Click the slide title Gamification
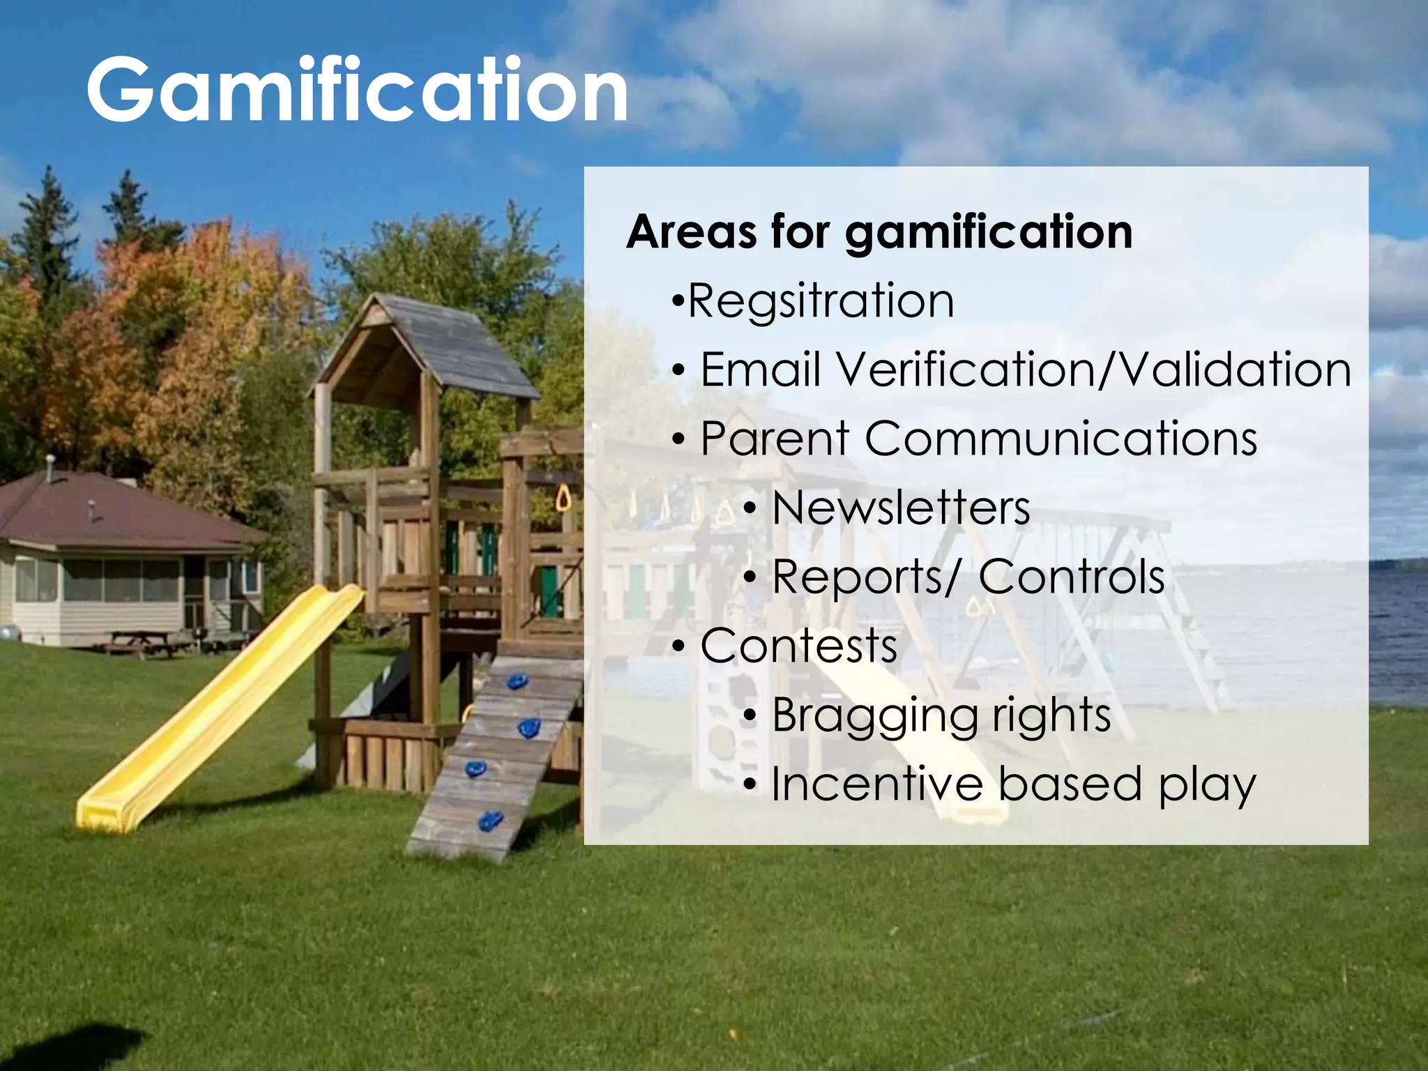pyautogui.click(x=357, y=91)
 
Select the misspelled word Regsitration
pyautogui.click(x=821, y=301)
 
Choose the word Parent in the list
pyautogui.click(x=775, y=439)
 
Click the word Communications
pyautogui.click(x=1061, y=439)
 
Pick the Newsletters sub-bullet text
pyautogui.click(x=901, y=508)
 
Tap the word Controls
pyautogui.click(x=1072, y=577)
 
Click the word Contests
pyautogui.click(x=799, y=646)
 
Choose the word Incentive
pyautogui.click(x=877, y=784)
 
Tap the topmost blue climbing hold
pyautogui.click(x=517, y=681)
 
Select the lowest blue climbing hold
pyautogui.click(x=490, y=821)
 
